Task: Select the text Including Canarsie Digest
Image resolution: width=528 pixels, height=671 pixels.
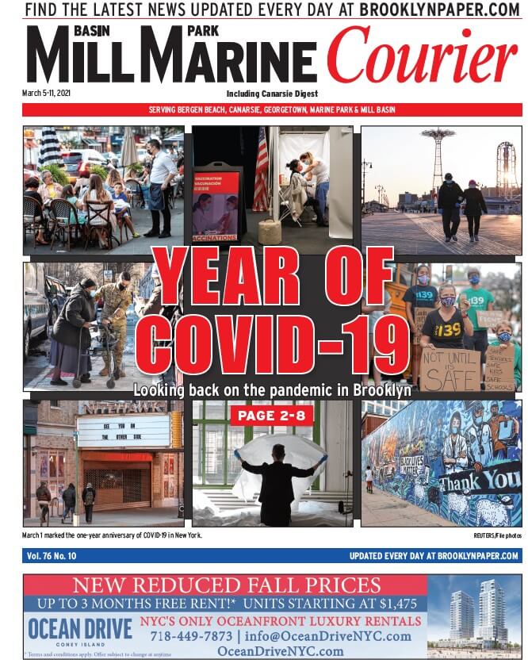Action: tap(272, 94)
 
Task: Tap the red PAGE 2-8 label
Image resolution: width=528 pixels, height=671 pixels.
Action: tap(272, 416)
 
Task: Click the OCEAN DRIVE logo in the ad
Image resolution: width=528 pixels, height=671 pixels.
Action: tap(79, 630)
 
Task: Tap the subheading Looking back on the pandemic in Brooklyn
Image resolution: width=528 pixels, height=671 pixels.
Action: tap(272, 390)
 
